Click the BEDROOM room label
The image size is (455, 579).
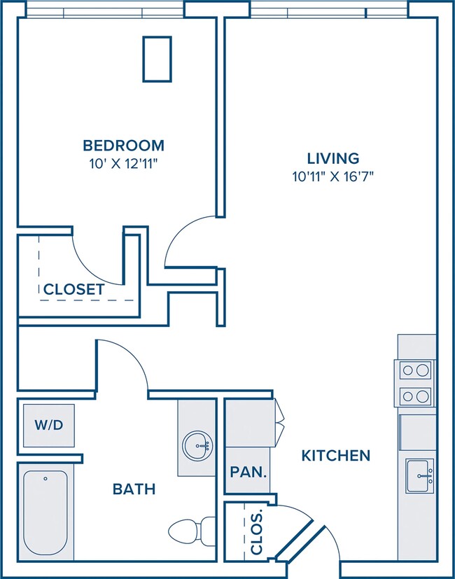pos(123,146)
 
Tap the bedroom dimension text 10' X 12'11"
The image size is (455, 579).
pos(124,164)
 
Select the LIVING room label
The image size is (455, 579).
pos(333,158)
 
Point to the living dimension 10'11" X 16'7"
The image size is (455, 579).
pos(333,176)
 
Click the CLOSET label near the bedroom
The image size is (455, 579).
pos(74,289)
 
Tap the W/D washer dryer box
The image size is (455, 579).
pos(49,426)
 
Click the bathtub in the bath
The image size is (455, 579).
pos(45,512)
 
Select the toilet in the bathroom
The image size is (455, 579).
pos(191,531)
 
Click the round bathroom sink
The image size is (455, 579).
pos(197,447)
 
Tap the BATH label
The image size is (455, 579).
pos(134,489)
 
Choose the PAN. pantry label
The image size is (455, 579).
pos(248,472)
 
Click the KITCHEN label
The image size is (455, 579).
pos(336,456)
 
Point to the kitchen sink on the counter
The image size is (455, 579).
pos(420,475)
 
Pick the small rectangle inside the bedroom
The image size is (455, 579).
pos(157,59)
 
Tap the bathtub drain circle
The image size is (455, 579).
pos(45,479)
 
